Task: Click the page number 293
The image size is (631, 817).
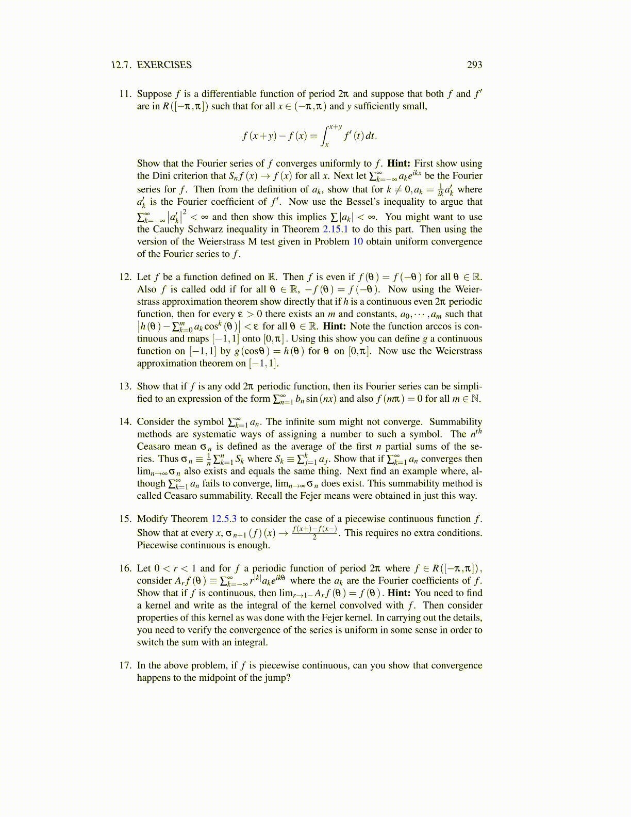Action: tap(474, 65)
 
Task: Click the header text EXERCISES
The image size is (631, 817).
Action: tap(164, 65)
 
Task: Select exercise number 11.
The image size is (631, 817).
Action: tap(125, 94)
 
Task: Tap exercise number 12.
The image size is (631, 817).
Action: tap(125, 277)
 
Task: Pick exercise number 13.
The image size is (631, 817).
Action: tap(125, 386)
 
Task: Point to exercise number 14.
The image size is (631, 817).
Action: tap(125, 422)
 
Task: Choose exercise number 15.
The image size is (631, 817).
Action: tap(125, 519)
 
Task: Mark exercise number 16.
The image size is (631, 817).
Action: tap(125, 568)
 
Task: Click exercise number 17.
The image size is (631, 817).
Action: tap(125, 665)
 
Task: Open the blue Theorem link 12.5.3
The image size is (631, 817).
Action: tap(224, 519)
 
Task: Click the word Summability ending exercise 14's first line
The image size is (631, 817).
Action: tap(456, 422)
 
